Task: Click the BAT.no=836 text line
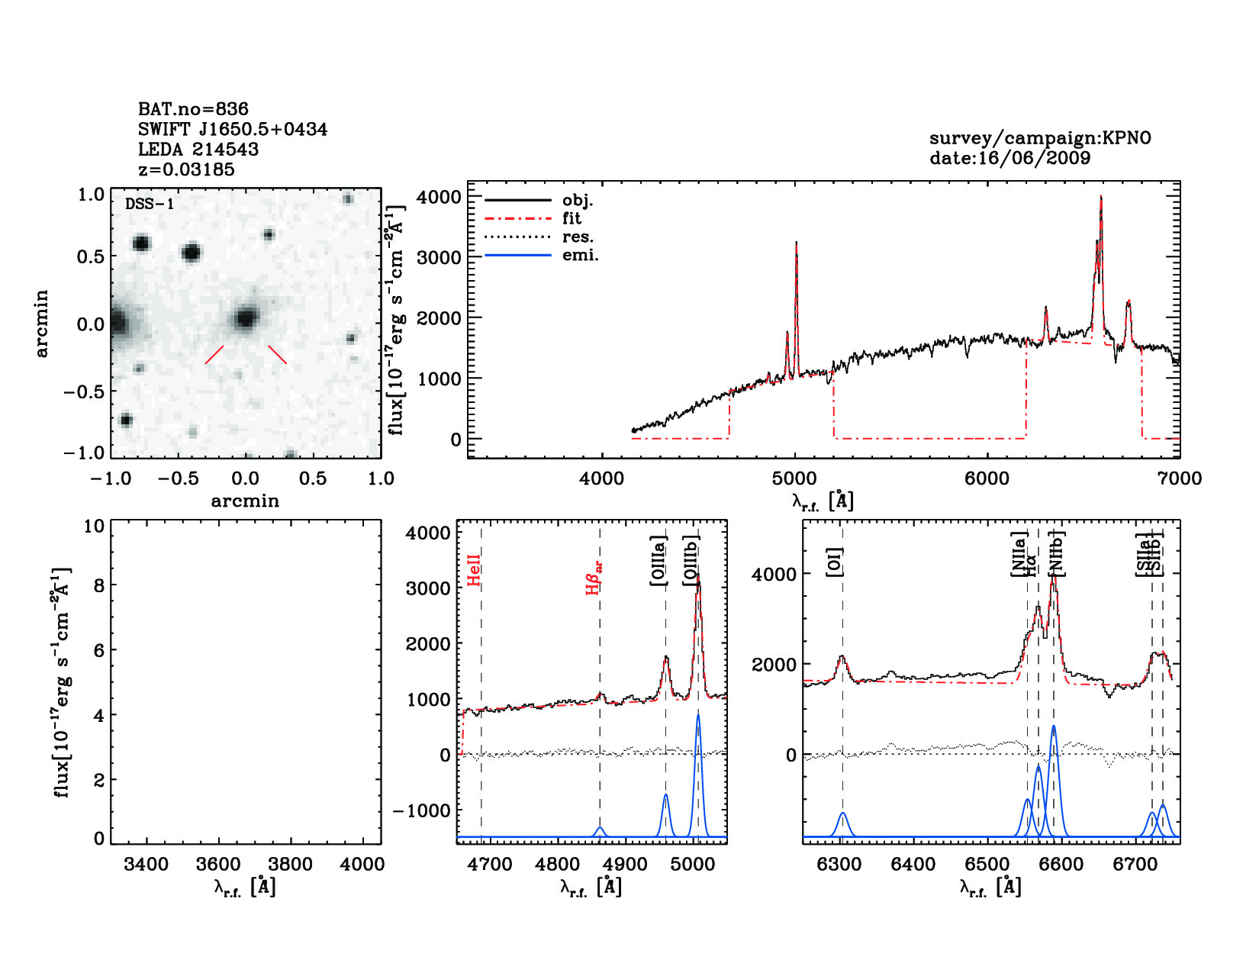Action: pyautogui.click(x=193, y=109)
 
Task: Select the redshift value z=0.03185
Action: pyautogui.click(x=186, y=169)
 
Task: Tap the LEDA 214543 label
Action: pyautogui.click(x=198, y=150)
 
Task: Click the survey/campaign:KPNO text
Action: pyautogui.click(x=1039, y=138)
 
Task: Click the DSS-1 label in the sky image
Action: pyautogui.click(x=150, y=204)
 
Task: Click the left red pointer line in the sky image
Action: pyautogui.click(x=214, y=354)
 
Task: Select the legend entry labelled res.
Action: pyautogui.click(x=578, y=237)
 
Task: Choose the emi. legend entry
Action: pyautogui.click(x=580, y=255)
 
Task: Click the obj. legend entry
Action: pyautogui.click(x=578, y=200)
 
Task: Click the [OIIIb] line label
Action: pyautogui.click(x=691, y=559)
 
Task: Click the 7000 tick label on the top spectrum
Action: pyautogui.click(x=1179, y=478)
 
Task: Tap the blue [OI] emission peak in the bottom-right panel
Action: pyautogui.click(x=843, y=814)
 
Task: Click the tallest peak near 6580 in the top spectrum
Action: pyautogui.click(x=1101, y=197)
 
